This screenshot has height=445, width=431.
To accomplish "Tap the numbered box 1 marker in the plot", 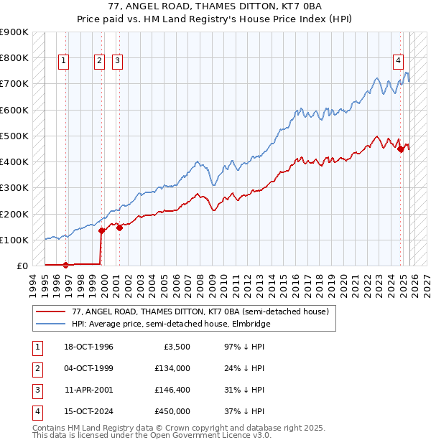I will (64, 62).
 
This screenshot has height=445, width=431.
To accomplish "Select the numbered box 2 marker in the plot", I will (98, 62).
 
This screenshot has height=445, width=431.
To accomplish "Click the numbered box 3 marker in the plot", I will (116, 62).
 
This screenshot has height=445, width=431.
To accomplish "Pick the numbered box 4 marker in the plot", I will (397, 62).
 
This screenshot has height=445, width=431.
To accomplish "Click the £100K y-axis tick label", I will (14, 240).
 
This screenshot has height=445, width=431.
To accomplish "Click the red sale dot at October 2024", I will (400, 149).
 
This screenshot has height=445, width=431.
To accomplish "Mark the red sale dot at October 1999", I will (101, 230).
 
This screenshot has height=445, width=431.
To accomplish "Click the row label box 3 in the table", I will (36, 390).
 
